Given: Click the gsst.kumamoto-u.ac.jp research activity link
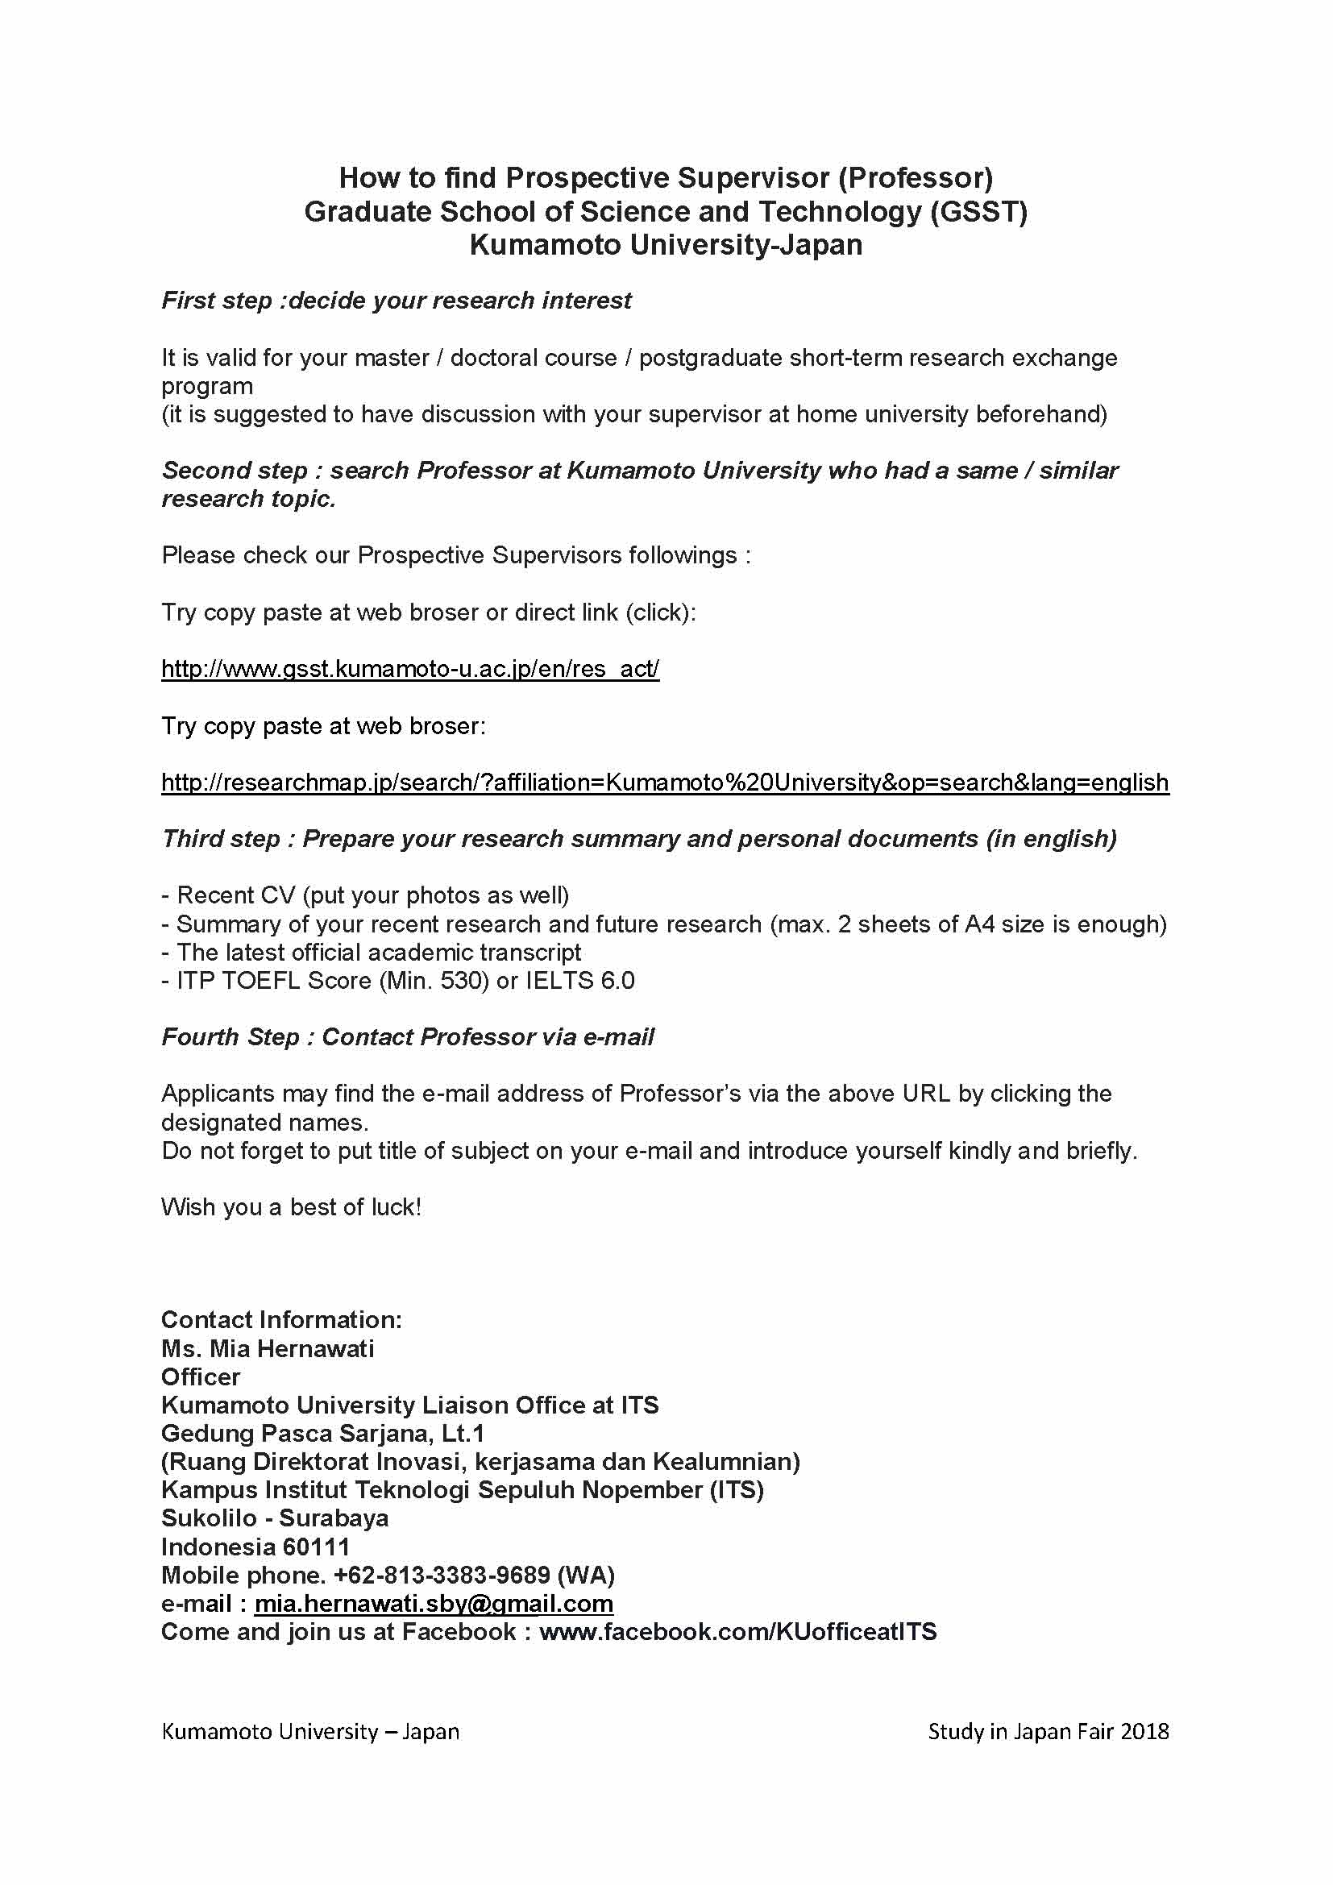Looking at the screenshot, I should (x=409, y=669).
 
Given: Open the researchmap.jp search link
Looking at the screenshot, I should (x=665, y=783).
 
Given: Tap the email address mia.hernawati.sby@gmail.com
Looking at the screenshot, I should (x=434, y=1604).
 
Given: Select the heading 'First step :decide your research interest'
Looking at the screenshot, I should (x=397, y=301).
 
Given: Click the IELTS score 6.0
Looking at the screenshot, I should (x=617, y=981).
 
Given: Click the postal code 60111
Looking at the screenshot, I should (x=316, y=1547).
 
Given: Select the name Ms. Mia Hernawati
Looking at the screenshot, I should (x=268, y=1348).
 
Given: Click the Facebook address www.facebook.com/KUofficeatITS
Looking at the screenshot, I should (x=738, y=1631).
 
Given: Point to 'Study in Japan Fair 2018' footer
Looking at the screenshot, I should (x=1049, y=1731).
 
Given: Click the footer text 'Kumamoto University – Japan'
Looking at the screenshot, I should (x=310, y=1731).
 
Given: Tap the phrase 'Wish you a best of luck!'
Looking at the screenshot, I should (x=292, y=1207).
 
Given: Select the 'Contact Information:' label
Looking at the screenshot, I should (x=281, y=1319).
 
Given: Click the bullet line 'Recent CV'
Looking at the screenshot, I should (x=365, y=895).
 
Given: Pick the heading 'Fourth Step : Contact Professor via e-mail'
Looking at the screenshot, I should (x=408, y=1037).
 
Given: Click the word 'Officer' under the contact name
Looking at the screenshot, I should (x=201, y=1376).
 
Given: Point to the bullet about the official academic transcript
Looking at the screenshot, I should (x=372, y=953).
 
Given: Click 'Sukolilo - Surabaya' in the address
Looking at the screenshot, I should (x=275, y=1518).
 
